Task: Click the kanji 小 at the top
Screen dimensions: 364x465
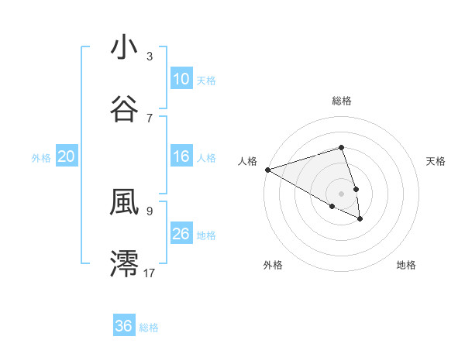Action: pyautogui.click(x=124, y=47)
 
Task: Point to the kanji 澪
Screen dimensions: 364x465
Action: pyautogui.click(x=124, y=263)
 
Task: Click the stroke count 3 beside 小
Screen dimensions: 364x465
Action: pyautogui.click(x=150, y=56)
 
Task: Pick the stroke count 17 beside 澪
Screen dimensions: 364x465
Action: pyautogui.click(x=150, y=272)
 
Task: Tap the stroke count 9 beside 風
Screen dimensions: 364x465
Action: pyautogui.click(x=150, y=210)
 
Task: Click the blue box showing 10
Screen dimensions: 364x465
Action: pyautogui.click(x=181, y=79)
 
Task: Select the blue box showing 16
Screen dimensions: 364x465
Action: pyautogui.click(x=181, y=157)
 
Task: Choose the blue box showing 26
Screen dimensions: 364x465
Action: pyautogui.click(x=181, y=234)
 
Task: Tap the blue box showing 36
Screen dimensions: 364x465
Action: pyautogui.click(x=124, y=326)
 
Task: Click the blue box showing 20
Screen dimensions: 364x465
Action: pyautogui.click(x=67, y=157)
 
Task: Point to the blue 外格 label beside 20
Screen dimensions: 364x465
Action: pyautogui.click(x=41, y=158)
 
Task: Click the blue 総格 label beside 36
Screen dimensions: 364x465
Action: pyautogui.click(x=149, y=328)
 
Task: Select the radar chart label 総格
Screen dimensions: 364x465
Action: pyautogui.click(x=341, y=101)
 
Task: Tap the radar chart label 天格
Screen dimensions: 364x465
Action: pyautogui.click(x=436, y=161)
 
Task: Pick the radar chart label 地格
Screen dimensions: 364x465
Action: pyautogui.click(x=406, y=266)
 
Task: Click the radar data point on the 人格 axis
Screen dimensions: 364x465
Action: pyautogui.click(x=267, y=169)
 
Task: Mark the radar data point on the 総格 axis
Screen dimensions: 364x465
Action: pyautogui.click(x=341, y=147)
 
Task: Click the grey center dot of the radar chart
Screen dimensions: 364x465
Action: pyautogui.click(x=341, y=193)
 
